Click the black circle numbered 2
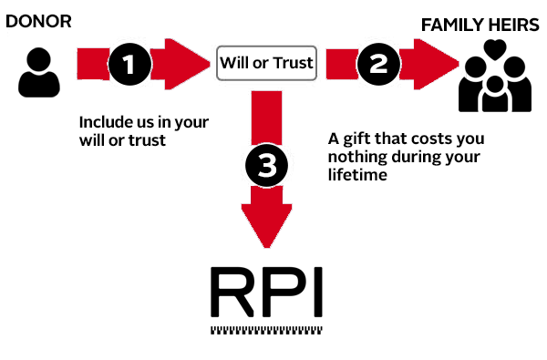click(375, 63)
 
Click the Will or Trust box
click(266, 63)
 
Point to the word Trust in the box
click(294, 63)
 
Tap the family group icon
click(495, 80)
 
